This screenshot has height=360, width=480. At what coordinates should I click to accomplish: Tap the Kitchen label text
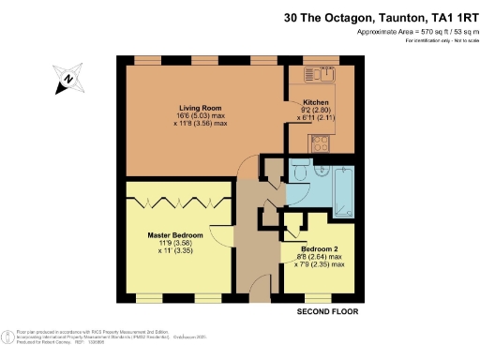(x=314, y=104)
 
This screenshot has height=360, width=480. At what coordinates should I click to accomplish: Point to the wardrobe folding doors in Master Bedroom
(x=179, y=200)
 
